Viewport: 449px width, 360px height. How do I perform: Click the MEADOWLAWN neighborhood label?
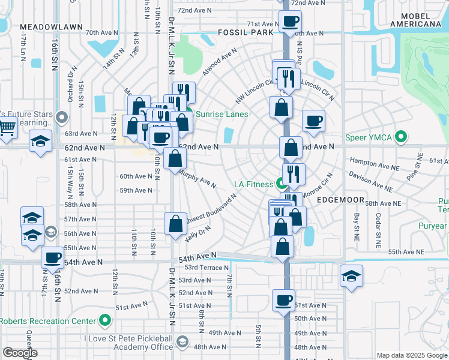46,27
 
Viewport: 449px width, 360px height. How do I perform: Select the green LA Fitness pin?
280,183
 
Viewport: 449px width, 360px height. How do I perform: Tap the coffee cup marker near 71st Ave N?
291,22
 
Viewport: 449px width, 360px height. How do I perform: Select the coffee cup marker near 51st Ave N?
283,299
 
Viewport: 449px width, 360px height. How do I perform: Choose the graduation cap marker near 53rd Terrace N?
352,275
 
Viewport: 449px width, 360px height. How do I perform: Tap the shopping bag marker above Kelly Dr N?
175,224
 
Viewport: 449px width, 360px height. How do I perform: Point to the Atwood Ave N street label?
217,65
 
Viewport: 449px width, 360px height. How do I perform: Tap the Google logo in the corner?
20,353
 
